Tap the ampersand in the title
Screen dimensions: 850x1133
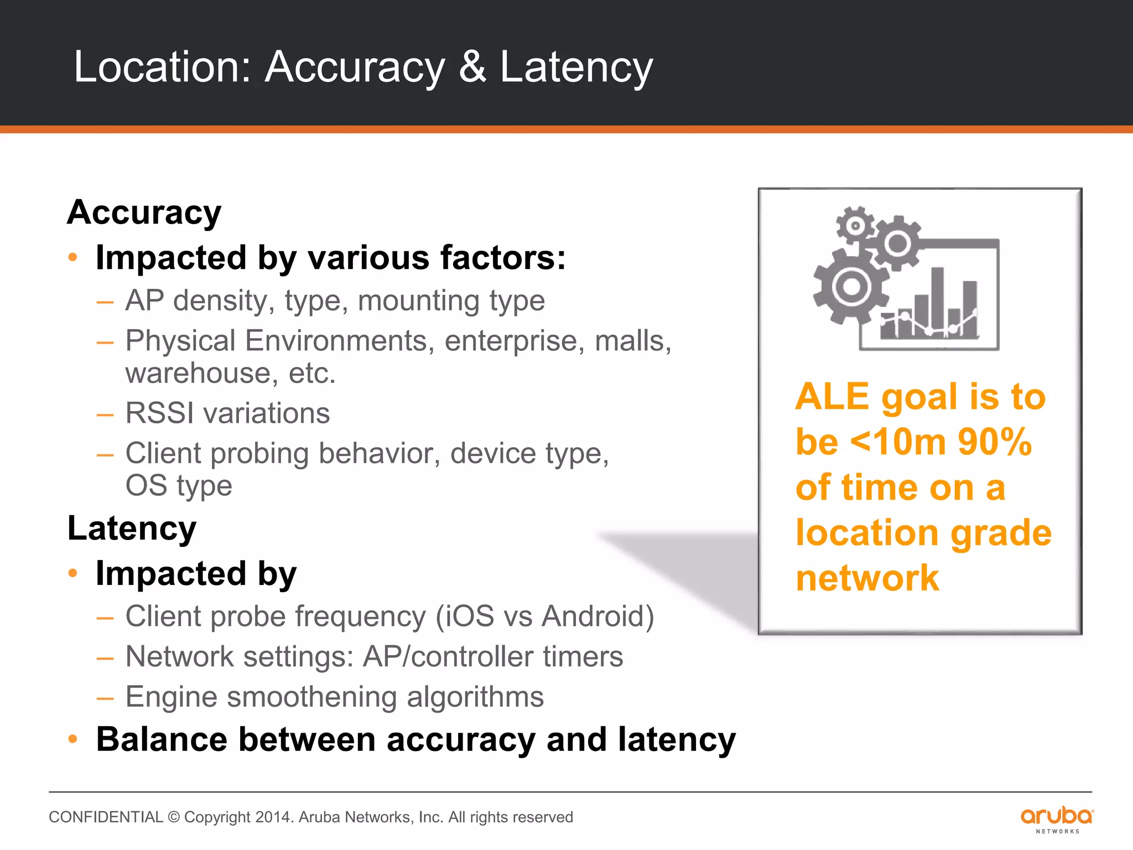472,67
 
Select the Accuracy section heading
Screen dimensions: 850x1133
144,212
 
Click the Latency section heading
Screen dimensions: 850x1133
132,528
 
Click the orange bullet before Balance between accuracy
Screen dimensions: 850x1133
72,739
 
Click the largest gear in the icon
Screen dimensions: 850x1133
850,287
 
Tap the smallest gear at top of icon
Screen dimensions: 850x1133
855,225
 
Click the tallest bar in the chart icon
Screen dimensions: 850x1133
937,302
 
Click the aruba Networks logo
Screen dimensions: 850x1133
1057,820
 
